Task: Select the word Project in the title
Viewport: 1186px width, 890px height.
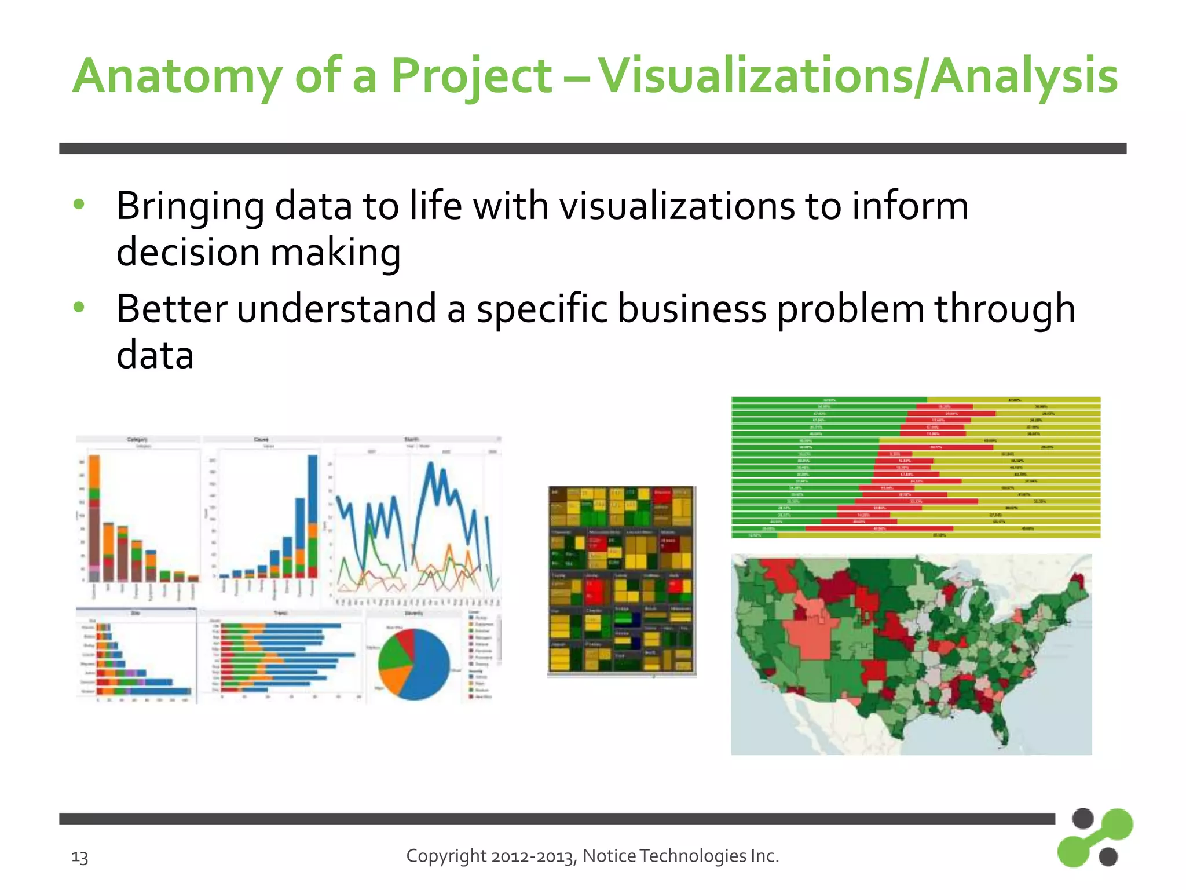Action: [x=471, y=76]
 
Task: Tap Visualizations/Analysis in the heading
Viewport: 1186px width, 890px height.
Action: [x=857, y=76]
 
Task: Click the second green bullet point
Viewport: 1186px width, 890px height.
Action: [x=79, y=307]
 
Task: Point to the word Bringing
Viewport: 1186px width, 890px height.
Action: [x=190, y=207]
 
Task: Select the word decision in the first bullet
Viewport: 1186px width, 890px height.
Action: [x=188, y=253]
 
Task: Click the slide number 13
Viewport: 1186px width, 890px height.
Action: [x=79, y=856]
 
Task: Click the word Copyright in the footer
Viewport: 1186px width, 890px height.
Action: [x=446, y=856]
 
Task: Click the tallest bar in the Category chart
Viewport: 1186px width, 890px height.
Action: [x=94, y=516]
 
